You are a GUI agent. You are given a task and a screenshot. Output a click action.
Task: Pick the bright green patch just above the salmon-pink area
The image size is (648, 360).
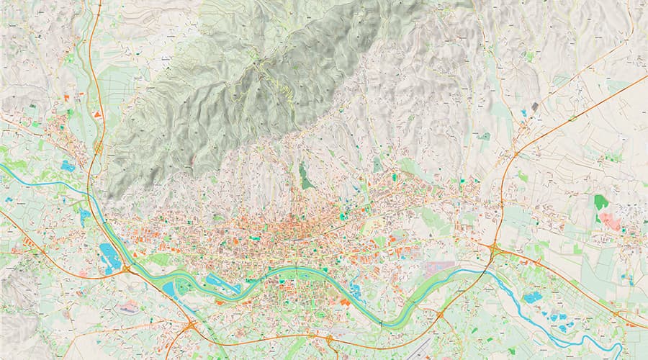[600, 202]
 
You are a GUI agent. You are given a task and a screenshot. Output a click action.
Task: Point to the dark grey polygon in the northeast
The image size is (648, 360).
[534, 107]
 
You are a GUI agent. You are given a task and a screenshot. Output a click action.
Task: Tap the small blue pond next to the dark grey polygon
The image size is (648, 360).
[523, 113]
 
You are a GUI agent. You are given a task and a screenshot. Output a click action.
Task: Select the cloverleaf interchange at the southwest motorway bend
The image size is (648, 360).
[190, 327]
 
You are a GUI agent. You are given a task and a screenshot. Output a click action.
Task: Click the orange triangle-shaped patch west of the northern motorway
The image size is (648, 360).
[96, 114]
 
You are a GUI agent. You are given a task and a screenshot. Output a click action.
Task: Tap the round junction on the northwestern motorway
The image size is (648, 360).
[98, 148]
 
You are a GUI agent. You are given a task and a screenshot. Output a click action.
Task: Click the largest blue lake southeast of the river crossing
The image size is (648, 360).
[534, 297]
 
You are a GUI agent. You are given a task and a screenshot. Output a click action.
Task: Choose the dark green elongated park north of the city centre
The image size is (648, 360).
[305, 176]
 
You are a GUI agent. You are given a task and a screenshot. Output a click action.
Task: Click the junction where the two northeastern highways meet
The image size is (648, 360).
[516, 153]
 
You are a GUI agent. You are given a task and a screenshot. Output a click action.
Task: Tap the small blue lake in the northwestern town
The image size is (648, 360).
[68, 166]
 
